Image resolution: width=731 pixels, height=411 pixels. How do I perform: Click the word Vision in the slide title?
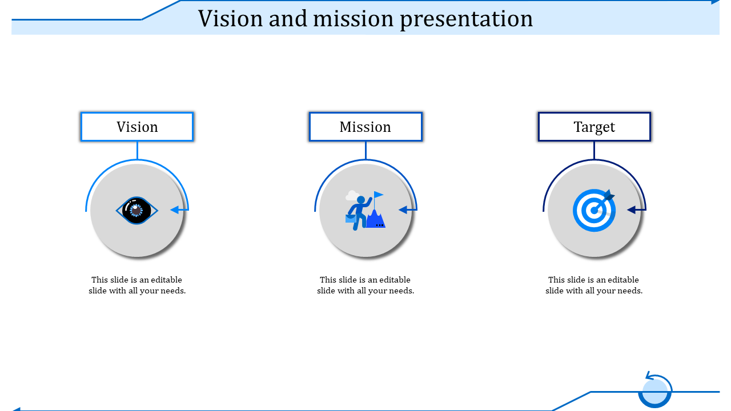(230, 19)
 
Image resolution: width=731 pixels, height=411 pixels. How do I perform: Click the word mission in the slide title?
(354, 19)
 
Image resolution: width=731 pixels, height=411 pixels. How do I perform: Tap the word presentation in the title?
(467, 19)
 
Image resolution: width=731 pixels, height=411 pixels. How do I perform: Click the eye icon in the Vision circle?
(136, 211)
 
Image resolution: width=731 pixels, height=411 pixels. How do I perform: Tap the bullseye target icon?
(595, 211)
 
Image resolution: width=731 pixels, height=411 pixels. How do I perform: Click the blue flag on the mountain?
(379, 195)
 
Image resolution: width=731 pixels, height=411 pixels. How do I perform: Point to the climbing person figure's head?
(361, 200)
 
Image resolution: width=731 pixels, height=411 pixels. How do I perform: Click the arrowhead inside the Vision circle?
(175, 209)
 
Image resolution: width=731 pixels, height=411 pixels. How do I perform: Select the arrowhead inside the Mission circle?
(403, 209)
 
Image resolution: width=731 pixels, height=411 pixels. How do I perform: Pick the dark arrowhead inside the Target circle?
(632, 209)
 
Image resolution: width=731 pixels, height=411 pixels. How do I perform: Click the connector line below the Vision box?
(137, 150)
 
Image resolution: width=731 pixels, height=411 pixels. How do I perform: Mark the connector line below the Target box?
(595, 150)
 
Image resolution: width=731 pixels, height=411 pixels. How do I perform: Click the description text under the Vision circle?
(137, 285)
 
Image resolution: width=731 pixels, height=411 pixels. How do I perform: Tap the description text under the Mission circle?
(365, 285)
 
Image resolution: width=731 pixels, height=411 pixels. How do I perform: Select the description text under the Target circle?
(594, 285)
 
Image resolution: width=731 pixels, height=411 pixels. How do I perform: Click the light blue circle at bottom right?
(654, 391)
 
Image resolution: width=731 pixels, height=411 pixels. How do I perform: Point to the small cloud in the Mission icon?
(352, 195)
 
